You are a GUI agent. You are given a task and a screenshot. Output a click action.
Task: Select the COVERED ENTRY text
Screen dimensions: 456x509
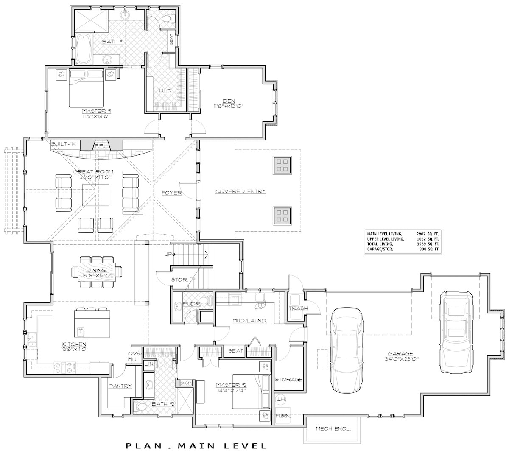(241, 192)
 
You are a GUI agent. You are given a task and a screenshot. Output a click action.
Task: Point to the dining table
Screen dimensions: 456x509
(97, 272)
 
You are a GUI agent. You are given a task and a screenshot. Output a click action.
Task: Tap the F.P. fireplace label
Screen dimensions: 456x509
(100, 145)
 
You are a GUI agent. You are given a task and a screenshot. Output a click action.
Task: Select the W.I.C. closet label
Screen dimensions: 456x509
(165, 90)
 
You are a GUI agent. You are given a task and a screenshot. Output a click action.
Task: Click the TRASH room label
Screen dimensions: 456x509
(298, 308)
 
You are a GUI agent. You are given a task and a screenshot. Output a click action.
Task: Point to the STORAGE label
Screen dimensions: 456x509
(289, 379)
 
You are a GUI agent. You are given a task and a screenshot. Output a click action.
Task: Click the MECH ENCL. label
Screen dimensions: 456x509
(333, 429)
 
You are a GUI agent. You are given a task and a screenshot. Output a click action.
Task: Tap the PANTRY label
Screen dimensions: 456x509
(120, 386)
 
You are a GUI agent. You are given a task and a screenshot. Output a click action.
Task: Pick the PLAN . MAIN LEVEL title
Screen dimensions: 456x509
(196, 446)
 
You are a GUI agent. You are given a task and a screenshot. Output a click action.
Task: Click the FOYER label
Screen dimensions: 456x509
(171, 193)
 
